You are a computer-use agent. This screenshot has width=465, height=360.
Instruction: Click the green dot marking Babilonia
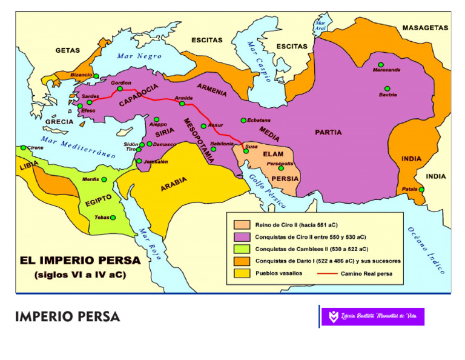coord(213,149)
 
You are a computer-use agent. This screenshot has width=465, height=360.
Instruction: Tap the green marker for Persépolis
coord(281,168)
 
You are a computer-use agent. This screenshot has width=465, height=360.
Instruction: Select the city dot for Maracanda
coord(381,64)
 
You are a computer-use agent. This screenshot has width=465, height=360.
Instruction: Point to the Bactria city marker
coord(387,88)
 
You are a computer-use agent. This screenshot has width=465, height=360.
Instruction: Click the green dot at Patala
coord(421,190)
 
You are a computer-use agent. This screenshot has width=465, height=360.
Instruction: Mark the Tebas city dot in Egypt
coord(113,218)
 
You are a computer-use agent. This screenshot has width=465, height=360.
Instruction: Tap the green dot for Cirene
coord(24,148)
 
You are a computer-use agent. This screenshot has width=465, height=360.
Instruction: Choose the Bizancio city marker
coord(96,76)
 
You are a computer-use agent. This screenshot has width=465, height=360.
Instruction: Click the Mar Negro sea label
coord(139,56)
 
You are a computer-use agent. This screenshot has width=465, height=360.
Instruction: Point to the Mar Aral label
coord(320,25)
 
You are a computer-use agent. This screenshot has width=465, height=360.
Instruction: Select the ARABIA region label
coord(173,184)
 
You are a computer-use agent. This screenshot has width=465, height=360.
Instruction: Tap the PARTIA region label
coord(328,132)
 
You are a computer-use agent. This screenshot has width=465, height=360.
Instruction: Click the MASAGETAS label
coord(425,28)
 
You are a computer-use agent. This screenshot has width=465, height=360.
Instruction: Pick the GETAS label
coord(68,50)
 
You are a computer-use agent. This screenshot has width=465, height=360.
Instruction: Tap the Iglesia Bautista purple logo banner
coord(372,316)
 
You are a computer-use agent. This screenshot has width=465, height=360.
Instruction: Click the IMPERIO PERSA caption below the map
coord(67,317)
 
